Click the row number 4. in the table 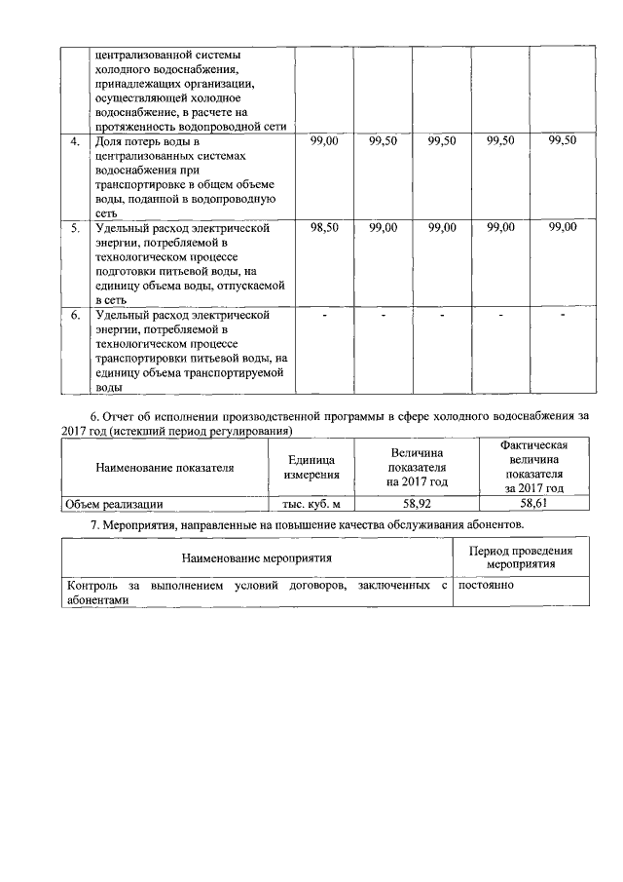[x=75, y=142]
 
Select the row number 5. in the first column [x=75, y=228]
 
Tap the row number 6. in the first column [x=75, y=315]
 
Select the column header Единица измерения [x=311, y=468]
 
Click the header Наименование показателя [x=165, y=468]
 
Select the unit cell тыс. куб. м [x=311, y=504]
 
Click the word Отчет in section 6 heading [x=124, y=415]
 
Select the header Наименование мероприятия [x=257, y=557]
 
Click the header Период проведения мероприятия [x=521, y=557]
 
